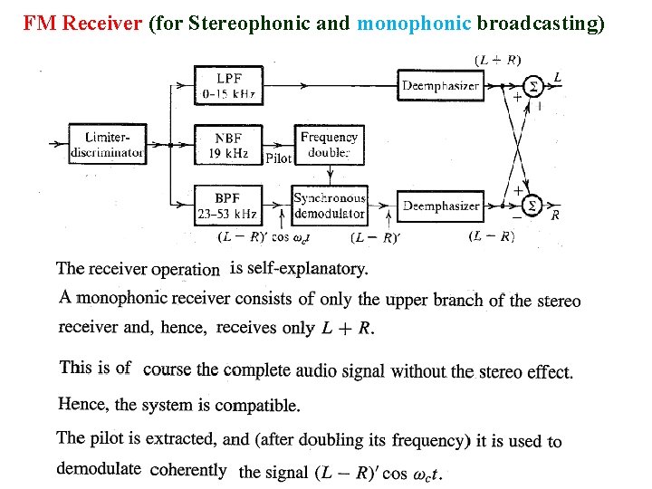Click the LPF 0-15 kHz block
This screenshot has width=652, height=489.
pos(228,85)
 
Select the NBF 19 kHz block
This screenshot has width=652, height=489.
pos(228,146)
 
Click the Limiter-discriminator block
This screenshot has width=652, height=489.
pos(107,145)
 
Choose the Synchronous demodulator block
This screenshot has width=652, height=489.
pos(330,206)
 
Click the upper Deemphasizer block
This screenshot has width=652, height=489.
pos(441,86)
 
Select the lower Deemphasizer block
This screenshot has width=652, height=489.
pos(441,206)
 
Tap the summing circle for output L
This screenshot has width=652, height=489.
pos(533,86)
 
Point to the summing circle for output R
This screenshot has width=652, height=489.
pos(533,206)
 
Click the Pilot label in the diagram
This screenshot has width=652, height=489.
pos(278,158)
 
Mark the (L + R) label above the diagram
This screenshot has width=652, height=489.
pos(497,60)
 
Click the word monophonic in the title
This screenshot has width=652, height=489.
pos(414,24)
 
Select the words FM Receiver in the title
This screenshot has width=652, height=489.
pos(82,24)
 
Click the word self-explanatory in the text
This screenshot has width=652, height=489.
pos(299,269)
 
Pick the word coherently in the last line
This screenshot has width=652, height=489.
pos(188,470)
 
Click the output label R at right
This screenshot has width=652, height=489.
pos(555,216)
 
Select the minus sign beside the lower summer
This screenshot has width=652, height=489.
pos(516,217)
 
